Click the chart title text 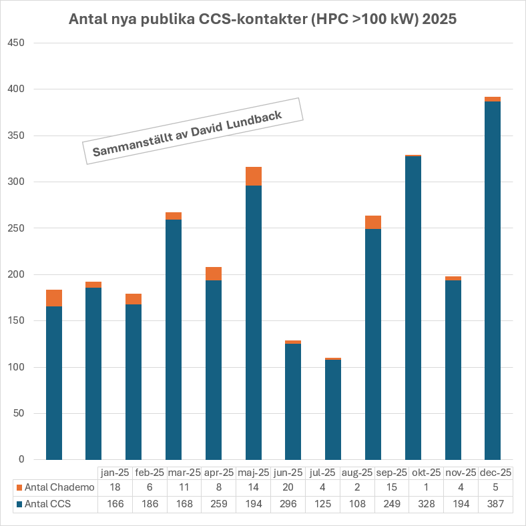tap(263, 19)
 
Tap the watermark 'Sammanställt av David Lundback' tap(192, 131)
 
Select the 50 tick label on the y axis tap(17, 413)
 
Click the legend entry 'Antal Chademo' tap(59, 487)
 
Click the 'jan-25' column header tap(115, 473)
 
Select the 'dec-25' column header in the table tap(495, 473)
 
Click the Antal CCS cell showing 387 tap(495, 504)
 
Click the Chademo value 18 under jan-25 tap(115, 487)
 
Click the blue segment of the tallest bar tap(493, 280)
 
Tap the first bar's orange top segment tap(54, 298)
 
